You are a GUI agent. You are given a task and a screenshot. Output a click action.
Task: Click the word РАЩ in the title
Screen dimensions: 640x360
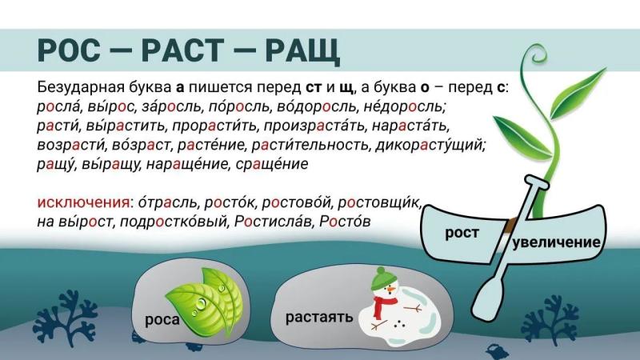coord(302,50)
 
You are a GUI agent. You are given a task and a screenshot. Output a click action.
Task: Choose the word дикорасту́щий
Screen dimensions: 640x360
coord(430,145)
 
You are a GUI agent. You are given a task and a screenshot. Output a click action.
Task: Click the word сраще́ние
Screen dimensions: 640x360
coord(272,164)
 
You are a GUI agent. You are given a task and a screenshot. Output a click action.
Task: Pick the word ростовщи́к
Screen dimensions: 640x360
coord(379,202)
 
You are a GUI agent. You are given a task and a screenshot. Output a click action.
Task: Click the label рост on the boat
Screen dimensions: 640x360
coord(462,233)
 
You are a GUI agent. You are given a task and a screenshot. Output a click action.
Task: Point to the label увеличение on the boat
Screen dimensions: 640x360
coord(556,242)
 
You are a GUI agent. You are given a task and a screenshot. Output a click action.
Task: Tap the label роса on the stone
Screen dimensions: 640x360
coord(162,319)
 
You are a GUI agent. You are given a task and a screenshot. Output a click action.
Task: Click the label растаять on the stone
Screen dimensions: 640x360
coord(319,317)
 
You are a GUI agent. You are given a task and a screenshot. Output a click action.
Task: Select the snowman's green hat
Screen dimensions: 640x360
coord(383,278)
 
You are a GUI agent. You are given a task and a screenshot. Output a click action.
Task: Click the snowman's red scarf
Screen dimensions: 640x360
coord(383,306)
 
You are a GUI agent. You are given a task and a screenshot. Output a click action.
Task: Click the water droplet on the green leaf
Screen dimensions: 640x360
coord(201,304)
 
